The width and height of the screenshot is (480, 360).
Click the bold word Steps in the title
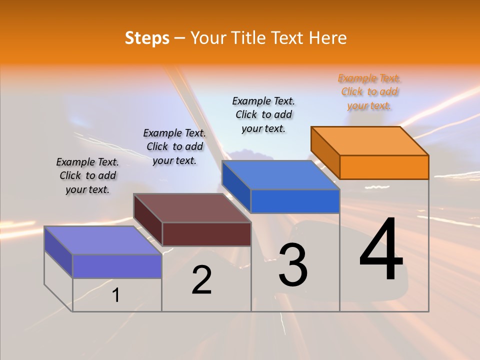pos(147,38)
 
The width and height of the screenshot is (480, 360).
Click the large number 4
pos(381,249)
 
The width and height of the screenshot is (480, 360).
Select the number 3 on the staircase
pos(292,264)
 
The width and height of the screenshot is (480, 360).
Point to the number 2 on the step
pos(201,280)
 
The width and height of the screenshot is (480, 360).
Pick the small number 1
pos(116,295)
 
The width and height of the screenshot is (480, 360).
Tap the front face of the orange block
pos(384,167)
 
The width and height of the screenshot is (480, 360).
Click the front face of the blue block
pos(295,201)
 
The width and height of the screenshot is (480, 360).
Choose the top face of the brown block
pos(192,208)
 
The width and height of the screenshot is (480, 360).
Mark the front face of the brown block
pos(206,234)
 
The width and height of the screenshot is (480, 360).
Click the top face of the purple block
pos(103,240)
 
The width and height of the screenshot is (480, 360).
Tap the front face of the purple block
pos(117,266)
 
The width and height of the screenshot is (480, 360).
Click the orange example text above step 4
pos(369,92)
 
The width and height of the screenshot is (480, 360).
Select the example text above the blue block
pos(263,114)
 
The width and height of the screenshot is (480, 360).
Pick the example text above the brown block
pos(174,146)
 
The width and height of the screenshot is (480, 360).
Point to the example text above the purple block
pos(87,175)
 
